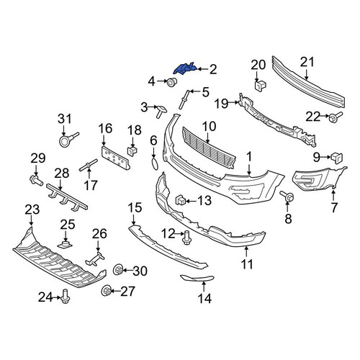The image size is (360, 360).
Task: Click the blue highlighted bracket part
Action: point(185,69)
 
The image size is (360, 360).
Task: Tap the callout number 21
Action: point(307,62)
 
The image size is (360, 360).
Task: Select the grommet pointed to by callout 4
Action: point(172,82)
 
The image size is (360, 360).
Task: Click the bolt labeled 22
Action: point(336,117)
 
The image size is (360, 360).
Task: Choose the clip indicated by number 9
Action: point(337,158)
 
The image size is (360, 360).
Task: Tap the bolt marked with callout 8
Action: point(287,196)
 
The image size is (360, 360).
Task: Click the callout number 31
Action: point(65,119)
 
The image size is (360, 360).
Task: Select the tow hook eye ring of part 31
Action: point(64,141)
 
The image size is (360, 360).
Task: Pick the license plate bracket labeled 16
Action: point(115,158)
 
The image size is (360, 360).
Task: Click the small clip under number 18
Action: point(132,151)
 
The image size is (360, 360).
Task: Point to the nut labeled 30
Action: point(118,270)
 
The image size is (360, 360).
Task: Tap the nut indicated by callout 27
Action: point(107,291)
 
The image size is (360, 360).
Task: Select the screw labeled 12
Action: point(186,238)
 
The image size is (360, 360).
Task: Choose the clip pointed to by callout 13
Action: point(181,200)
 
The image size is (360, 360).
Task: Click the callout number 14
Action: point(204,298)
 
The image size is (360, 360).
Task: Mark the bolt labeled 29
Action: point(36,180)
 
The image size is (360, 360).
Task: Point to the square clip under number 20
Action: point(261,86)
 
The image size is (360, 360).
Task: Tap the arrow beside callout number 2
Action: point(202,69)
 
